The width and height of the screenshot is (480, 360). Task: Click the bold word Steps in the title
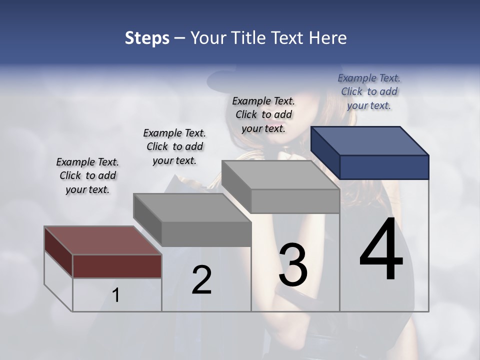tap(147, 38)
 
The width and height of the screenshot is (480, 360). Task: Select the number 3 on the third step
tap(293, 265)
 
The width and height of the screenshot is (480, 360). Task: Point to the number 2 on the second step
tap(202, 280)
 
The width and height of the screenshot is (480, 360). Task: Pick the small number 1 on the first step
tap(116, 295)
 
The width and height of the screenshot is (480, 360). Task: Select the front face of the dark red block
tap(117, 266)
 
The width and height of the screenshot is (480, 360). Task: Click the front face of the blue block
tap(384, 167)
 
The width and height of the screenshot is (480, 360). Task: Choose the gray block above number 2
tap(192, 220)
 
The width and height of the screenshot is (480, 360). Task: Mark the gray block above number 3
tap(280, 187)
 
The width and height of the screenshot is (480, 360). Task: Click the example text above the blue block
tap(369, 91)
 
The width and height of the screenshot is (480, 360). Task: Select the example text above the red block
tap(87, 175)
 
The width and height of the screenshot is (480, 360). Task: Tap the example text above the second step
tap(174, 146)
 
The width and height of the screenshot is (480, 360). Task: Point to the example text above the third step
tap(263, 114)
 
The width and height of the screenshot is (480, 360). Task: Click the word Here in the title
tap(328, 38)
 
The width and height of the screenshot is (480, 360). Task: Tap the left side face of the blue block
tap(325, 152)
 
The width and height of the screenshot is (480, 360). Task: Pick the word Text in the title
tap(288, 38)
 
